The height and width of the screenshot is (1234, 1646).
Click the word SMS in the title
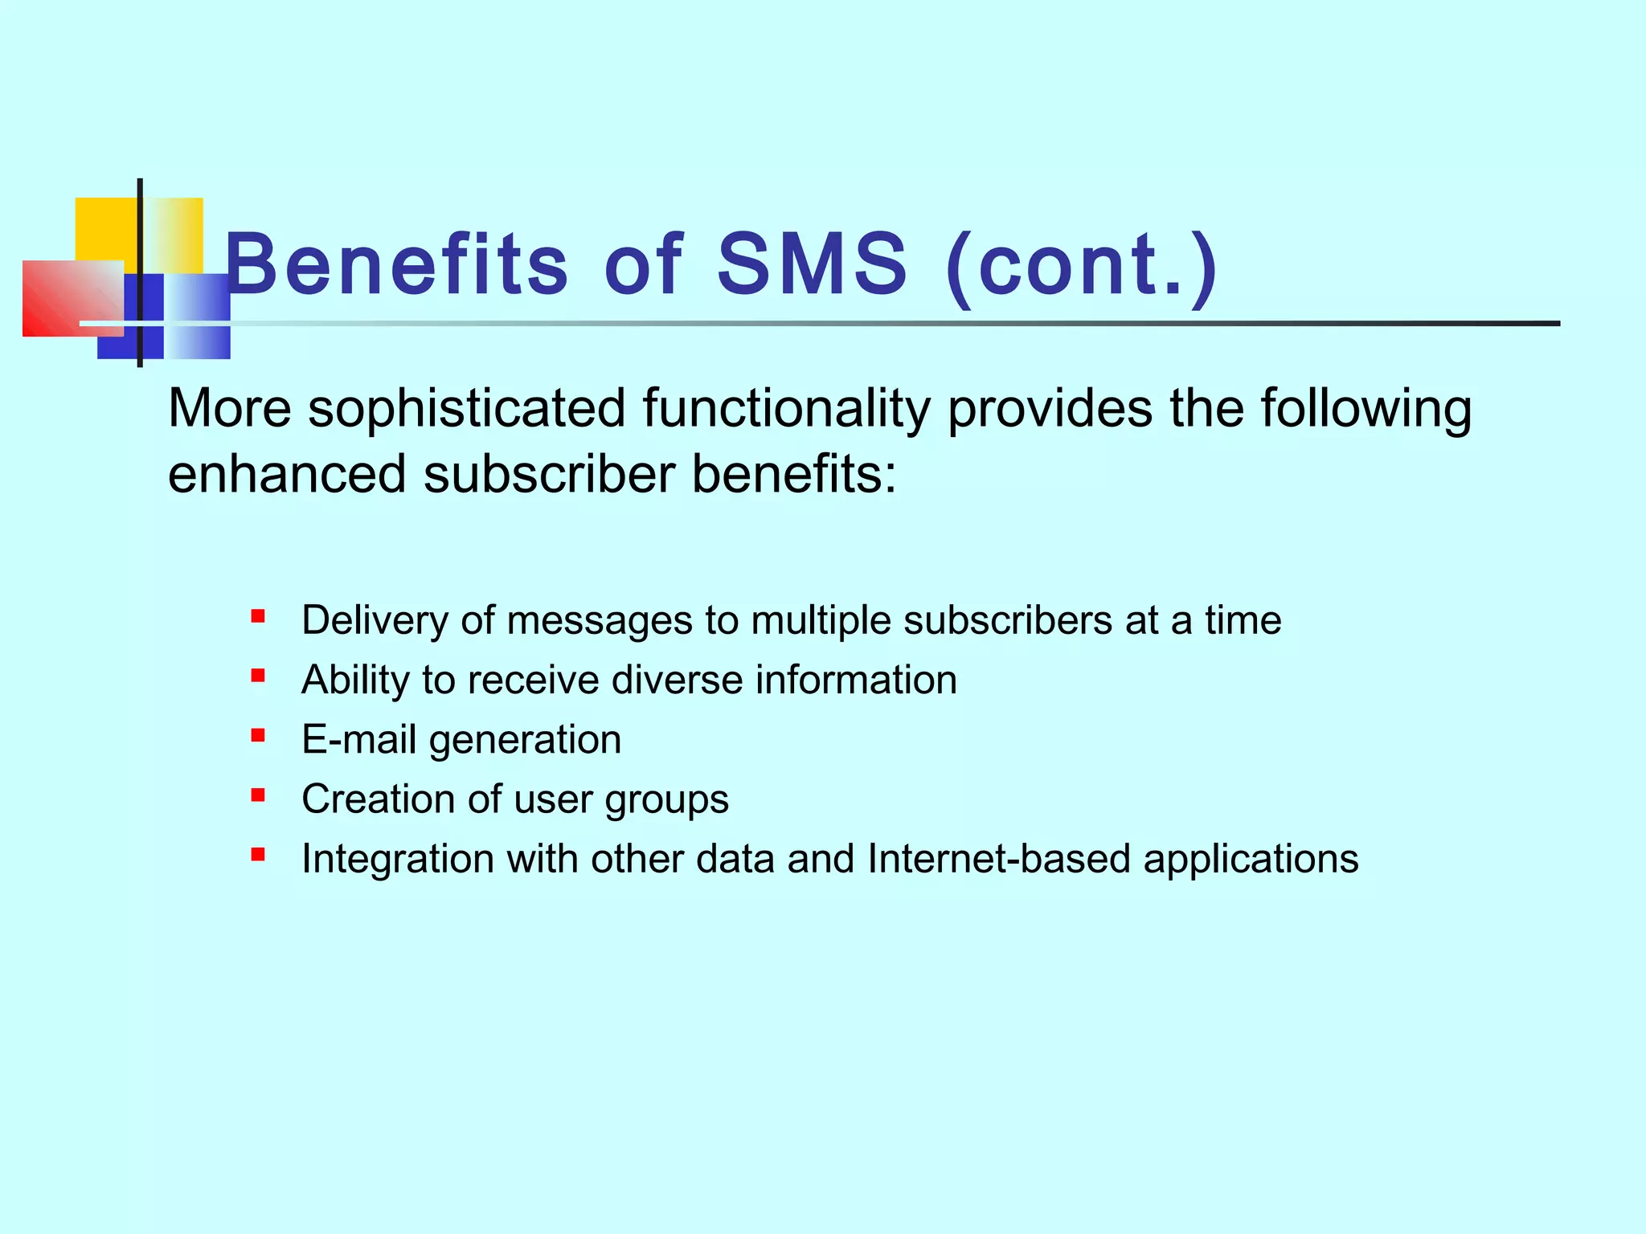[x=812, y=264]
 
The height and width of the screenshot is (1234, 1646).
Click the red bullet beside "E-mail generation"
[x=258, y=735]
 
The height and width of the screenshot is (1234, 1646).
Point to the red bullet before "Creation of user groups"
[x=258, y=795]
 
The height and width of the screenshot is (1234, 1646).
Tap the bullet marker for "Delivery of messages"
[x=258, y=617]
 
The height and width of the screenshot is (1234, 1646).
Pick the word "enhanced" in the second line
[x=286, y=474]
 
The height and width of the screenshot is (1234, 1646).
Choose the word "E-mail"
[x=358, y=740]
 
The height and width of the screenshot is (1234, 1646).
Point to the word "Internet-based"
[x=999, y=859]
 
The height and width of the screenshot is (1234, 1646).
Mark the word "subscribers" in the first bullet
[x=1007, y=621]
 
